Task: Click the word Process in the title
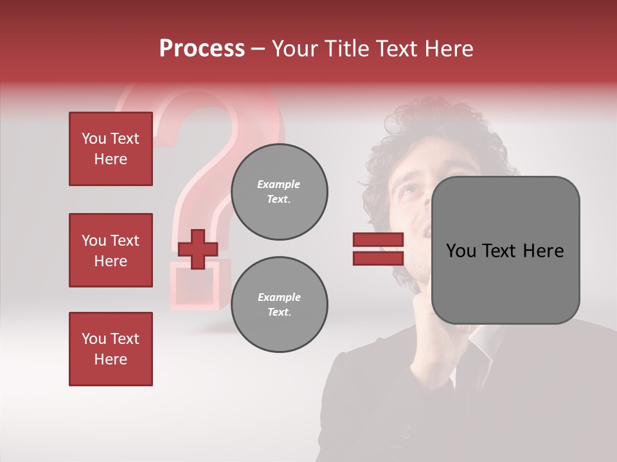click(202, 49)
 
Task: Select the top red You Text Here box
click(111, 149)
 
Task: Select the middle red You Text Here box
click(111, 250)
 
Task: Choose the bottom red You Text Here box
click(111, 349)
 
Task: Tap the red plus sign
click(198, 249)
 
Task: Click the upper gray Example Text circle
click(279, 191)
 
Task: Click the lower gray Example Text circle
click(279, 305)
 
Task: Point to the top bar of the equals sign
click(378, 240)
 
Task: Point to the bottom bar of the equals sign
click(378, 258)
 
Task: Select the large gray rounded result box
click(505, 250)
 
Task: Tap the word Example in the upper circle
click(279, 184)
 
